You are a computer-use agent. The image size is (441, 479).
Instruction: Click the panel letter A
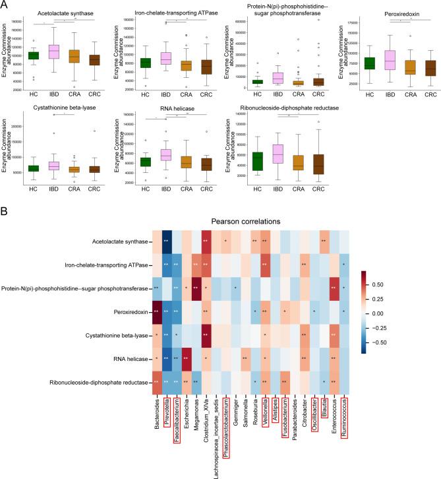(x=6, y=5)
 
